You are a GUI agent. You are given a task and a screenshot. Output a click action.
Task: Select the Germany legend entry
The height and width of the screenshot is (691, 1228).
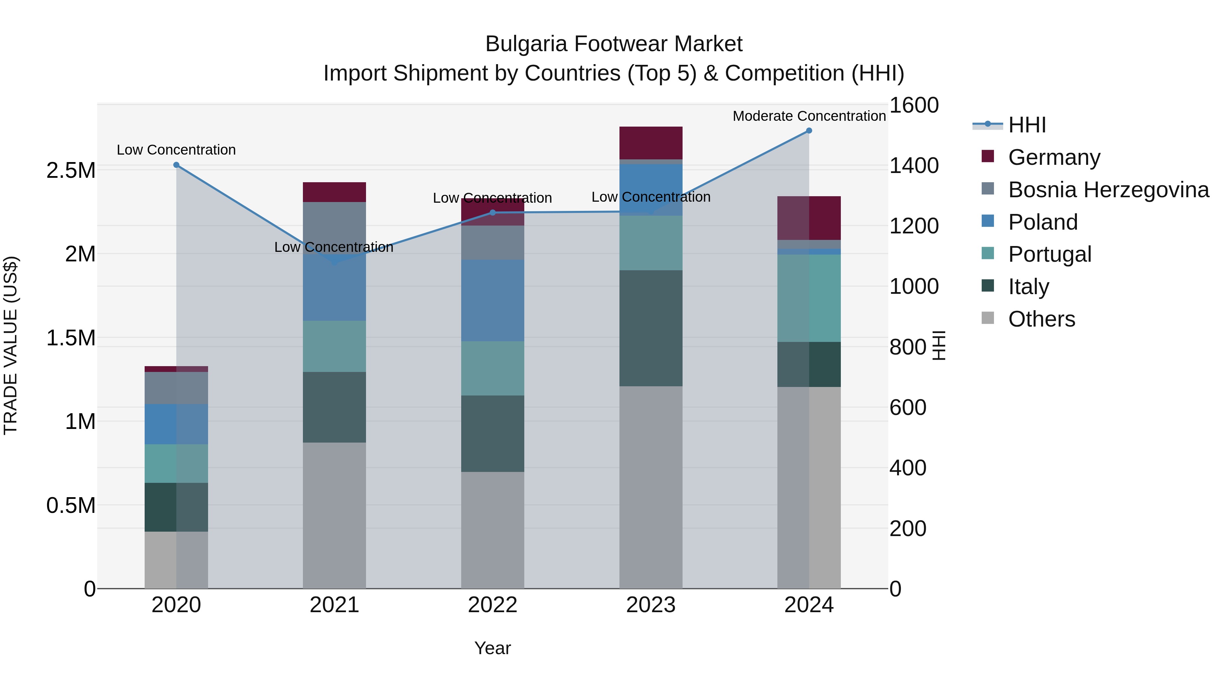tap(1054, 157)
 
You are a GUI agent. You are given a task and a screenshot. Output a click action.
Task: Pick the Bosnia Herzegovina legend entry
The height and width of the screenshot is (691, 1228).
tap(1108, 189)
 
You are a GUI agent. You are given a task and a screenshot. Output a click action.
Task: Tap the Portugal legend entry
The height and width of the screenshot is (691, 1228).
tap(1049, 254)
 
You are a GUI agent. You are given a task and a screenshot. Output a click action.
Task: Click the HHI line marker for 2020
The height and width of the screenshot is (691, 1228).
tap(176, 165)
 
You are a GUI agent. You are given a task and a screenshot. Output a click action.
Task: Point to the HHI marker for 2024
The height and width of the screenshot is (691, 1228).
tap(809, 131)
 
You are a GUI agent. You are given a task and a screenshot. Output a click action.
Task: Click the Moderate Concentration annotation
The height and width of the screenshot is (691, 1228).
tap(809, 116)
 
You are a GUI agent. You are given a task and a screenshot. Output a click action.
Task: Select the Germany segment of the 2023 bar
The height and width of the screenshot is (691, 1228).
tap(651, 143)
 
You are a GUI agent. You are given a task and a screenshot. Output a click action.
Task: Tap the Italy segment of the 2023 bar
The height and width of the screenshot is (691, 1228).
tap(651, 328)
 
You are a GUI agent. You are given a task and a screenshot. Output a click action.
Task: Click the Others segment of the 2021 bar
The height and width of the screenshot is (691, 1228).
tap(334, 515)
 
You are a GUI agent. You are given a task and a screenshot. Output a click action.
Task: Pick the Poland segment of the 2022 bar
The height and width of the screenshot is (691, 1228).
tap(493, 300)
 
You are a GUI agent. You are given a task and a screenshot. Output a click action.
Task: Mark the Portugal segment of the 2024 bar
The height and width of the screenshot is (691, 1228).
tap(809, 298)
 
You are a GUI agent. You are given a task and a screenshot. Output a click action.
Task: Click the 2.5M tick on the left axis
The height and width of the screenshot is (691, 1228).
tap(71, 170)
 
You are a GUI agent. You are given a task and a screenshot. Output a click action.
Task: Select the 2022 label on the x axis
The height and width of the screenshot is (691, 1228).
tap(493, 605)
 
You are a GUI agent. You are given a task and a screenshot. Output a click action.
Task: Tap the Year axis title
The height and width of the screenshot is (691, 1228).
tap(493, 648)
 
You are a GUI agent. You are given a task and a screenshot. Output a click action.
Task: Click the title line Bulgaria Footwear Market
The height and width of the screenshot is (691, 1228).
tap(614, 44)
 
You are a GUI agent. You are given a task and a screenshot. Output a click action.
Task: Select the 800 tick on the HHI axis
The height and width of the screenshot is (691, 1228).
tap(908, 347)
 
